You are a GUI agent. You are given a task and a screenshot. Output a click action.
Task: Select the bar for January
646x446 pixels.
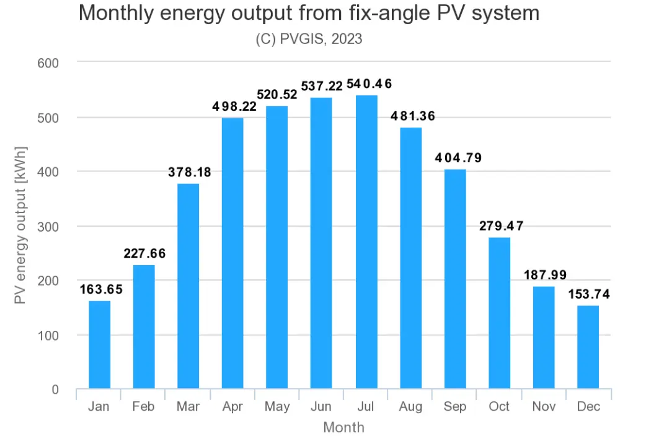click(99, 345)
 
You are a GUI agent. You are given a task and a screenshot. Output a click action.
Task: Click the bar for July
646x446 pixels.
click(366, 242)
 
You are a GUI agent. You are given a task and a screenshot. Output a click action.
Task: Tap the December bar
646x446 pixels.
click(588, 347)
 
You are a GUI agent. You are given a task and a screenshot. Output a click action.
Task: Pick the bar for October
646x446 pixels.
click(499, 313)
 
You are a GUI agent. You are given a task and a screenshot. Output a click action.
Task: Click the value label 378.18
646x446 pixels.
click(190, 172)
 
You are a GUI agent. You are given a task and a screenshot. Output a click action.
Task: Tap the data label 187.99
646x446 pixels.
click(545, 275)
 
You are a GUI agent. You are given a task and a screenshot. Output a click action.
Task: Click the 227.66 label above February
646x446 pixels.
click(144, 253)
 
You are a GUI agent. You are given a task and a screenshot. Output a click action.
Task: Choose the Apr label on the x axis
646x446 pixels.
click(232, 407)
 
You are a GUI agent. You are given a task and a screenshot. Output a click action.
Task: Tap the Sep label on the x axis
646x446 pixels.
click(455, 407)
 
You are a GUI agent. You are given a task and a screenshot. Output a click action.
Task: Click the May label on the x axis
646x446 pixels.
click(277, 407)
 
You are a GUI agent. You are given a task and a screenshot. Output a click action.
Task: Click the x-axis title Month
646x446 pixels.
click(343, 427)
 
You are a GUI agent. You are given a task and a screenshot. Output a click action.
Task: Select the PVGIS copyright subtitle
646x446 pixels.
click(309, 38)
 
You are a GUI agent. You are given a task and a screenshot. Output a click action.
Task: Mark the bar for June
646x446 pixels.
click(321, 243)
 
